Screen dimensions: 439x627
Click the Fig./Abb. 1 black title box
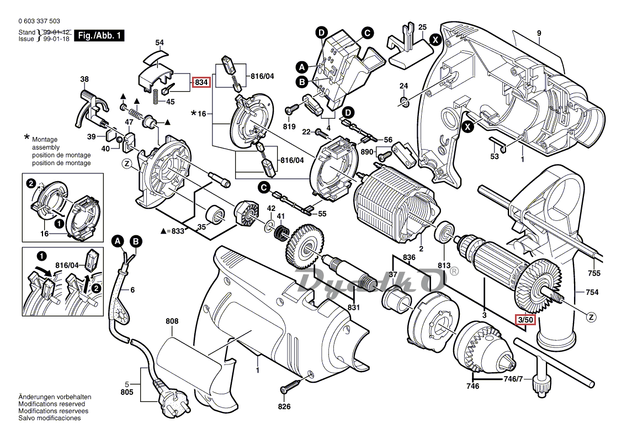tap(100, 36)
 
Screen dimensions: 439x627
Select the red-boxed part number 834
tap(201, 83)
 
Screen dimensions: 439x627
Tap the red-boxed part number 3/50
tap(525, 320)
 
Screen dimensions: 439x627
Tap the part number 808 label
tap(172, 321)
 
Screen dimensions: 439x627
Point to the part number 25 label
tap(422, 27)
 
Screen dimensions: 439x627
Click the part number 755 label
tap(593, 273)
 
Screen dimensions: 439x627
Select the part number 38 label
tap(84, 80)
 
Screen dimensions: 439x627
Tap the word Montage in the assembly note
tap(45, 140)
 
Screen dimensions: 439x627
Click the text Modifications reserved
tap(52, 404)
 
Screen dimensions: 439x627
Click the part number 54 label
tap(160, 43)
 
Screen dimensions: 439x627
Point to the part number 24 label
tap(403, 86)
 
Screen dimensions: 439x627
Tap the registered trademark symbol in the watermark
tap(454, 271)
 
